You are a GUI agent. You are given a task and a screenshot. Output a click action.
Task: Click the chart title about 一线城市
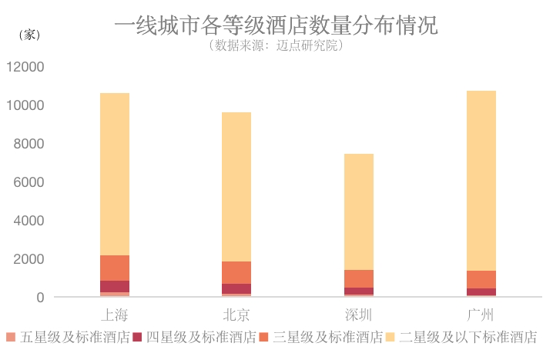[276, 25]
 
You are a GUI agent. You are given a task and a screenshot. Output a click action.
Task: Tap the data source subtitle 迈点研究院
[276, 45]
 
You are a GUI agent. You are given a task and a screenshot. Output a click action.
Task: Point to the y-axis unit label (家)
[28, 35]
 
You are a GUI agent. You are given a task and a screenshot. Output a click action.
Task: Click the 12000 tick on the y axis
[25, 67]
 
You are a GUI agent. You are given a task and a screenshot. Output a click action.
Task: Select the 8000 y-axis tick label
[28, 144]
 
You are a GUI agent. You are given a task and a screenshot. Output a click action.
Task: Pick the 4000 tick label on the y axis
[28, 221]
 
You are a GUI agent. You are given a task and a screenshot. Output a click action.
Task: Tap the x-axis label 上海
[115, 315]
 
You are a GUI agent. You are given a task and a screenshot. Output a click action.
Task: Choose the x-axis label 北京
[236, 315]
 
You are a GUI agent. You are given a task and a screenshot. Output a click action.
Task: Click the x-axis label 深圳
[358, 315]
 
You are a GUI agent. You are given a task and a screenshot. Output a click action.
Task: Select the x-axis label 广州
[481, 315]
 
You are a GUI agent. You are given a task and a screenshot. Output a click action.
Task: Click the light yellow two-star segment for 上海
[115, 174]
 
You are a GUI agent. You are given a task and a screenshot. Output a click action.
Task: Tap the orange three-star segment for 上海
[115, 268]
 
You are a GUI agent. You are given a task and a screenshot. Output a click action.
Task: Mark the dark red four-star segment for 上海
[115, 286]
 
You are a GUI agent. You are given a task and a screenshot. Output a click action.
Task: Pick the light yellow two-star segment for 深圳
[358, 211]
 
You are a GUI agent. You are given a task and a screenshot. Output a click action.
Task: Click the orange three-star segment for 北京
[236, 272]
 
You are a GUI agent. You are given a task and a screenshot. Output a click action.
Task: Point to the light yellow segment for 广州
[481, 181]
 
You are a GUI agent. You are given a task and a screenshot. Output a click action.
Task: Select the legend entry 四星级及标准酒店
[194, 338]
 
